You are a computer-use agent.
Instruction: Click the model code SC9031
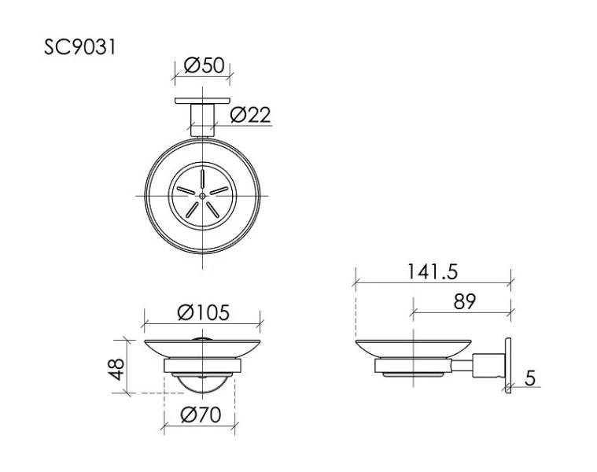(x=80, y=48)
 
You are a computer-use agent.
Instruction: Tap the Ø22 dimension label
(x=251, y=115)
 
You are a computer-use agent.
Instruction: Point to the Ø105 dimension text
(x=203, y=312)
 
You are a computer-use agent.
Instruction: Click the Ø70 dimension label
(x=199, y=415)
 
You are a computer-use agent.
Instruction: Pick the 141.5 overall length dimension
(x=432, y=271)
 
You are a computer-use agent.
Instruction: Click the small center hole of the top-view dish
(x=202, y=194)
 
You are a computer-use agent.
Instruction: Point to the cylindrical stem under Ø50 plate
(x=202, y=120)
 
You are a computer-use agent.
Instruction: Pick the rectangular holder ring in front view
(x=202, y=367)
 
